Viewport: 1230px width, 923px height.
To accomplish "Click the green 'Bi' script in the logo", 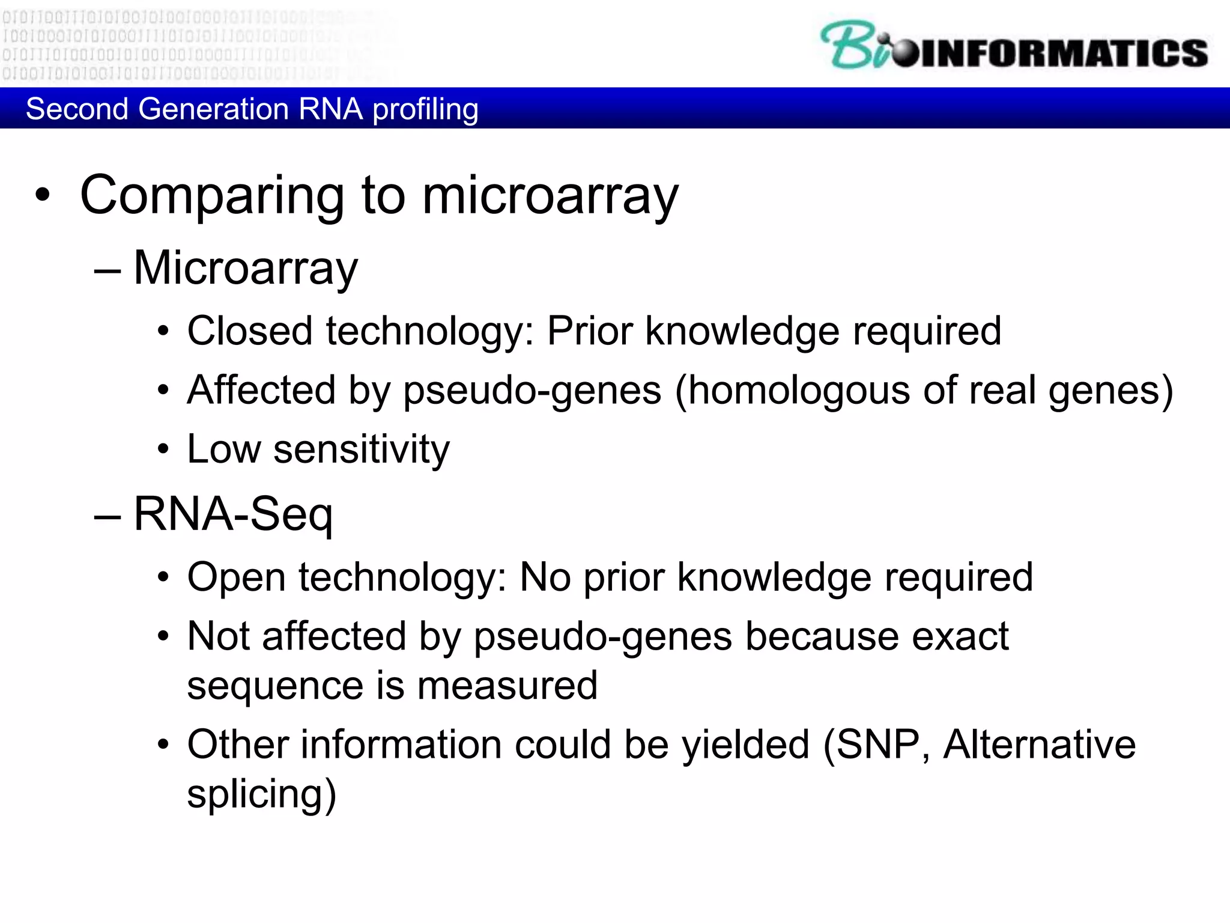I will tap(853, 46).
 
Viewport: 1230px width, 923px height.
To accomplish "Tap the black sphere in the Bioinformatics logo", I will tap(904, 53).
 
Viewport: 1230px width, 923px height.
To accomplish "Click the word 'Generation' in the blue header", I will tap(213, 109).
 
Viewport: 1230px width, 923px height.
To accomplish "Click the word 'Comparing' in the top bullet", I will tap(212, 196).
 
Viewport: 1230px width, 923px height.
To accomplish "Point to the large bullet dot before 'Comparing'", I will tap(42, 195).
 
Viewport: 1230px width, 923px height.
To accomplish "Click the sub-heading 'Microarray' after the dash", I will tap(245, 268).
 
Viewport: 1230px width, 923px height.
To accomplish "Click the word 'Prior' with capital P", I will tap(590, 331).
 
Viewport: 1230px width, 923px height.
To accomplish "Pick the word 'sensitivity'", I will tap(361, 450).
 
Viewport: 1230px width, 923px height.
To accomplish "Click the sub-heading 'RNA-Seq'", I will tap(233, 514).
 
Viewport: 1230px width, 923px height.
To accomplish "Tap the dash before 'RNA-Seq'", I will tap(108, 516).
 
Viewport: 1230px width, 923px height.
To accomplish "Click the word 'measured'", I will tap(507, 686).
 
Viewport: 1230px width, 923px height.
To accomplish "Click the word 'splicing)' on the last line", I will tap(261, 795).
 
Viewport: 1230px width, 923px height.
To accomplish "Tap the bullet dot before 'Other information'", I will tap(163, 746).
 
